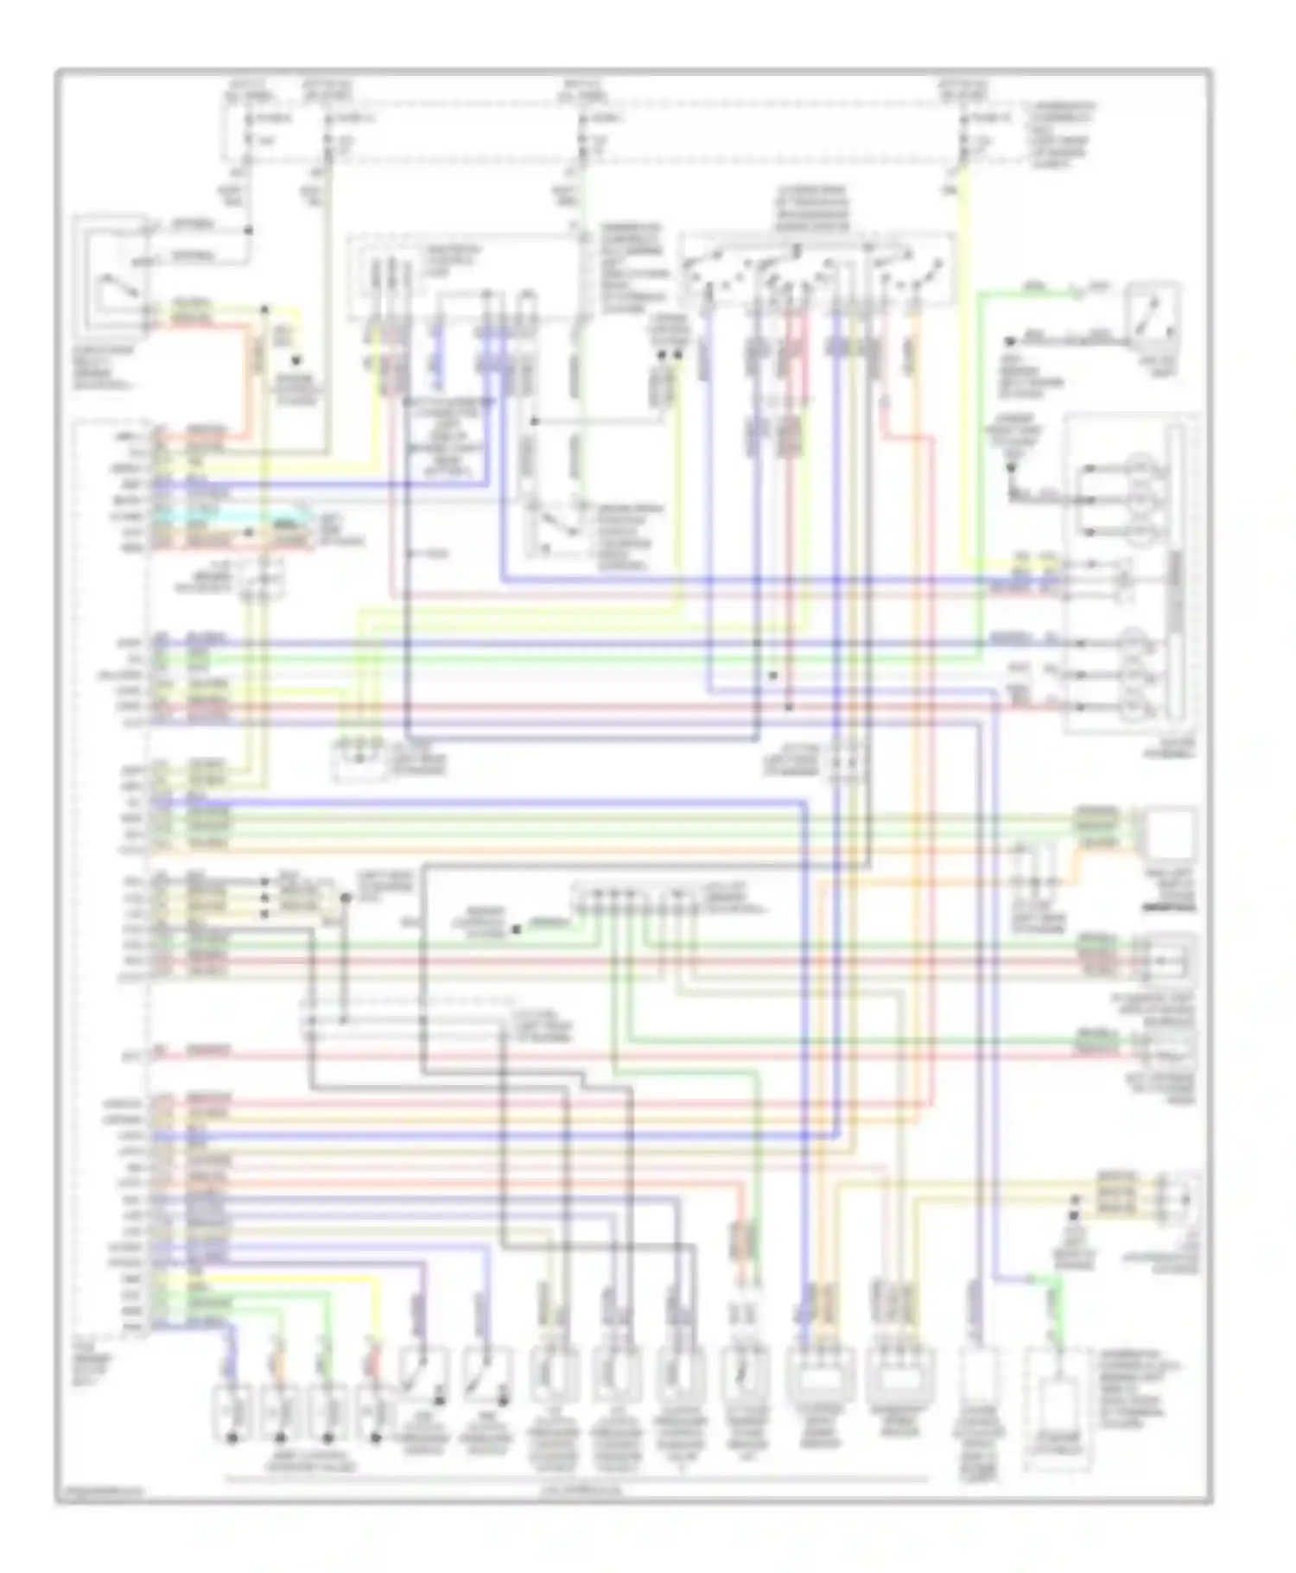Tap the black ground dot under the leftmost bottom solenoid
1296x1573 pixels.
coord(232,1438)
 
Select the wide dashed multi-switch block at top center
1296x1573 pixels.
coord(816,270)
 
